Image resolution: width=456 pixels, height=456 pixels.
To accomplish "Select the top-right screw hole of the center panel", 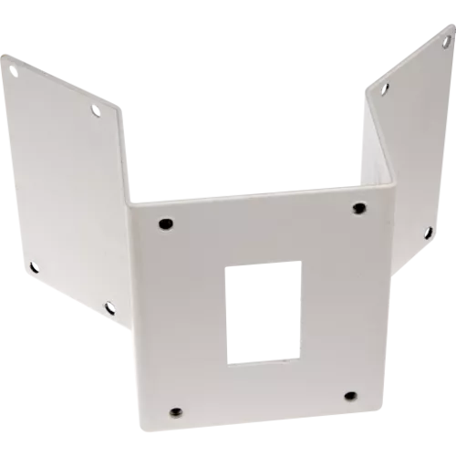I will (x=358, y=208).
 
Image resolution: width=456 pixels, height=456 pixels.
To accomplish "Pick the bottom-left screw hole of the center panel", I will (x=176, y=410).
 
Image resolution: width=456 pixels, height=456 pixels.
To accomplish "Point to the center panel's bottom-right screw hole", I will (x=350, y=396).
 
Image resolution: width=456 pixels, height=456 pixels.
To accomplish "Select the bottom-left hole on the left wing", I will (x=33, y=266).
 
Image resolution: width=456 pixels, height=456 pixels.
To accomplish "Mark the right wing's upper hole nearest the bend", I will (x=385, y=88).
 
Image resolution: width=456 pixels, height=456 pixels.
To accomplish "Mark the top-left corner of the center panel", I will (x=130, y=202).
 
